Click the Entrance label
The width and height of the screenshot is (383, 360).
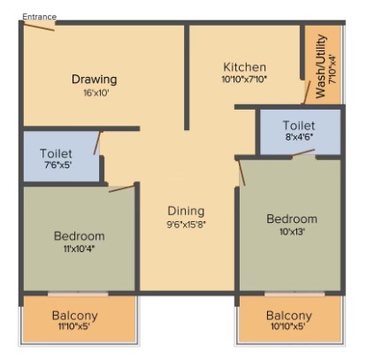click(x=39, y=17)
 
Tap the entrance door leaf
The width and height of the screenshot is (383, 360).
click(x=39, y=27)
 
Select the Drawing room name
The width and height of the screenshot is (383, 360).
click(x=95, y=80)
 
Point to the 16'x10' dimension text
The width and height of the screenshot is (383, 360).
click(x=96, y=93)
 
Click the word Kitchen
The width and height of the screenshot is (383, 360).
click(x=244, y=67)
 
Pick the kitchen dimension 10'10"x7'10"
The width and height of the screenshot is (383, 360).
click(x=244, y=80)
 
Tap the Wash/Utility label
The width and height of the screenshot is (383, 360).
click(x=321, y=66)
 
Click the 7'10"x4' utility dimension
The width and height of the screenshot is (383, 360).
click(x=333, y=69)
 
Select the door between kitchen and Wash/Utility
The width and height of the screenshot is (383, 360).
click(x=307, y=93)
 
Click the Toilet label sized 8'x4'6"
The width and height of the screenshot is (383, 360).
click(x=299, y=126)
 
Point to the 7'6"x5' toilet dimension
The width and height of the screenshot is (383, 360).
click(x=58, y=165)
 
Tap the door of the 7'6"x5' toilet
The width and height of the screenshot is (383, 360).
click(x=97, y=143)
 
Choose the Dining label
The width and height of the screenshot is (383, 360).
click(x=186, y=211)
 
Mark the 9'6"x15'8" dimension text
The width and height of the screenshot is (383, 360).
click(x=186, y=225)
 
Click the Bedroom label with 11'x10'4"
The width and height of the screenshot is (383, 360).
click(x=80, y=236)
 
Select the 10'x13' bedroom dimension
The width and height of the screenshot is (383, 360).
click(x=292, y=232)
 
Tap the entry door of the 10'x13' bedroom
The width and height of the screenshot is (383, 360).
click(x=241, y=172)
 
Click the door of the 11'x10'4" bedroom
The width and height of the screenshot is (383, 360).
click(x=121, y=188)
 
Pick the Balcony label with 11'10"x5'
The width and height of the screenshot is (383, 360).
click(x=74, y=316)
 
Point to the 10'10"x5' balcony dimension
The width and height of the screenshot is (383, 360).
click(x=287, y=326)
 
